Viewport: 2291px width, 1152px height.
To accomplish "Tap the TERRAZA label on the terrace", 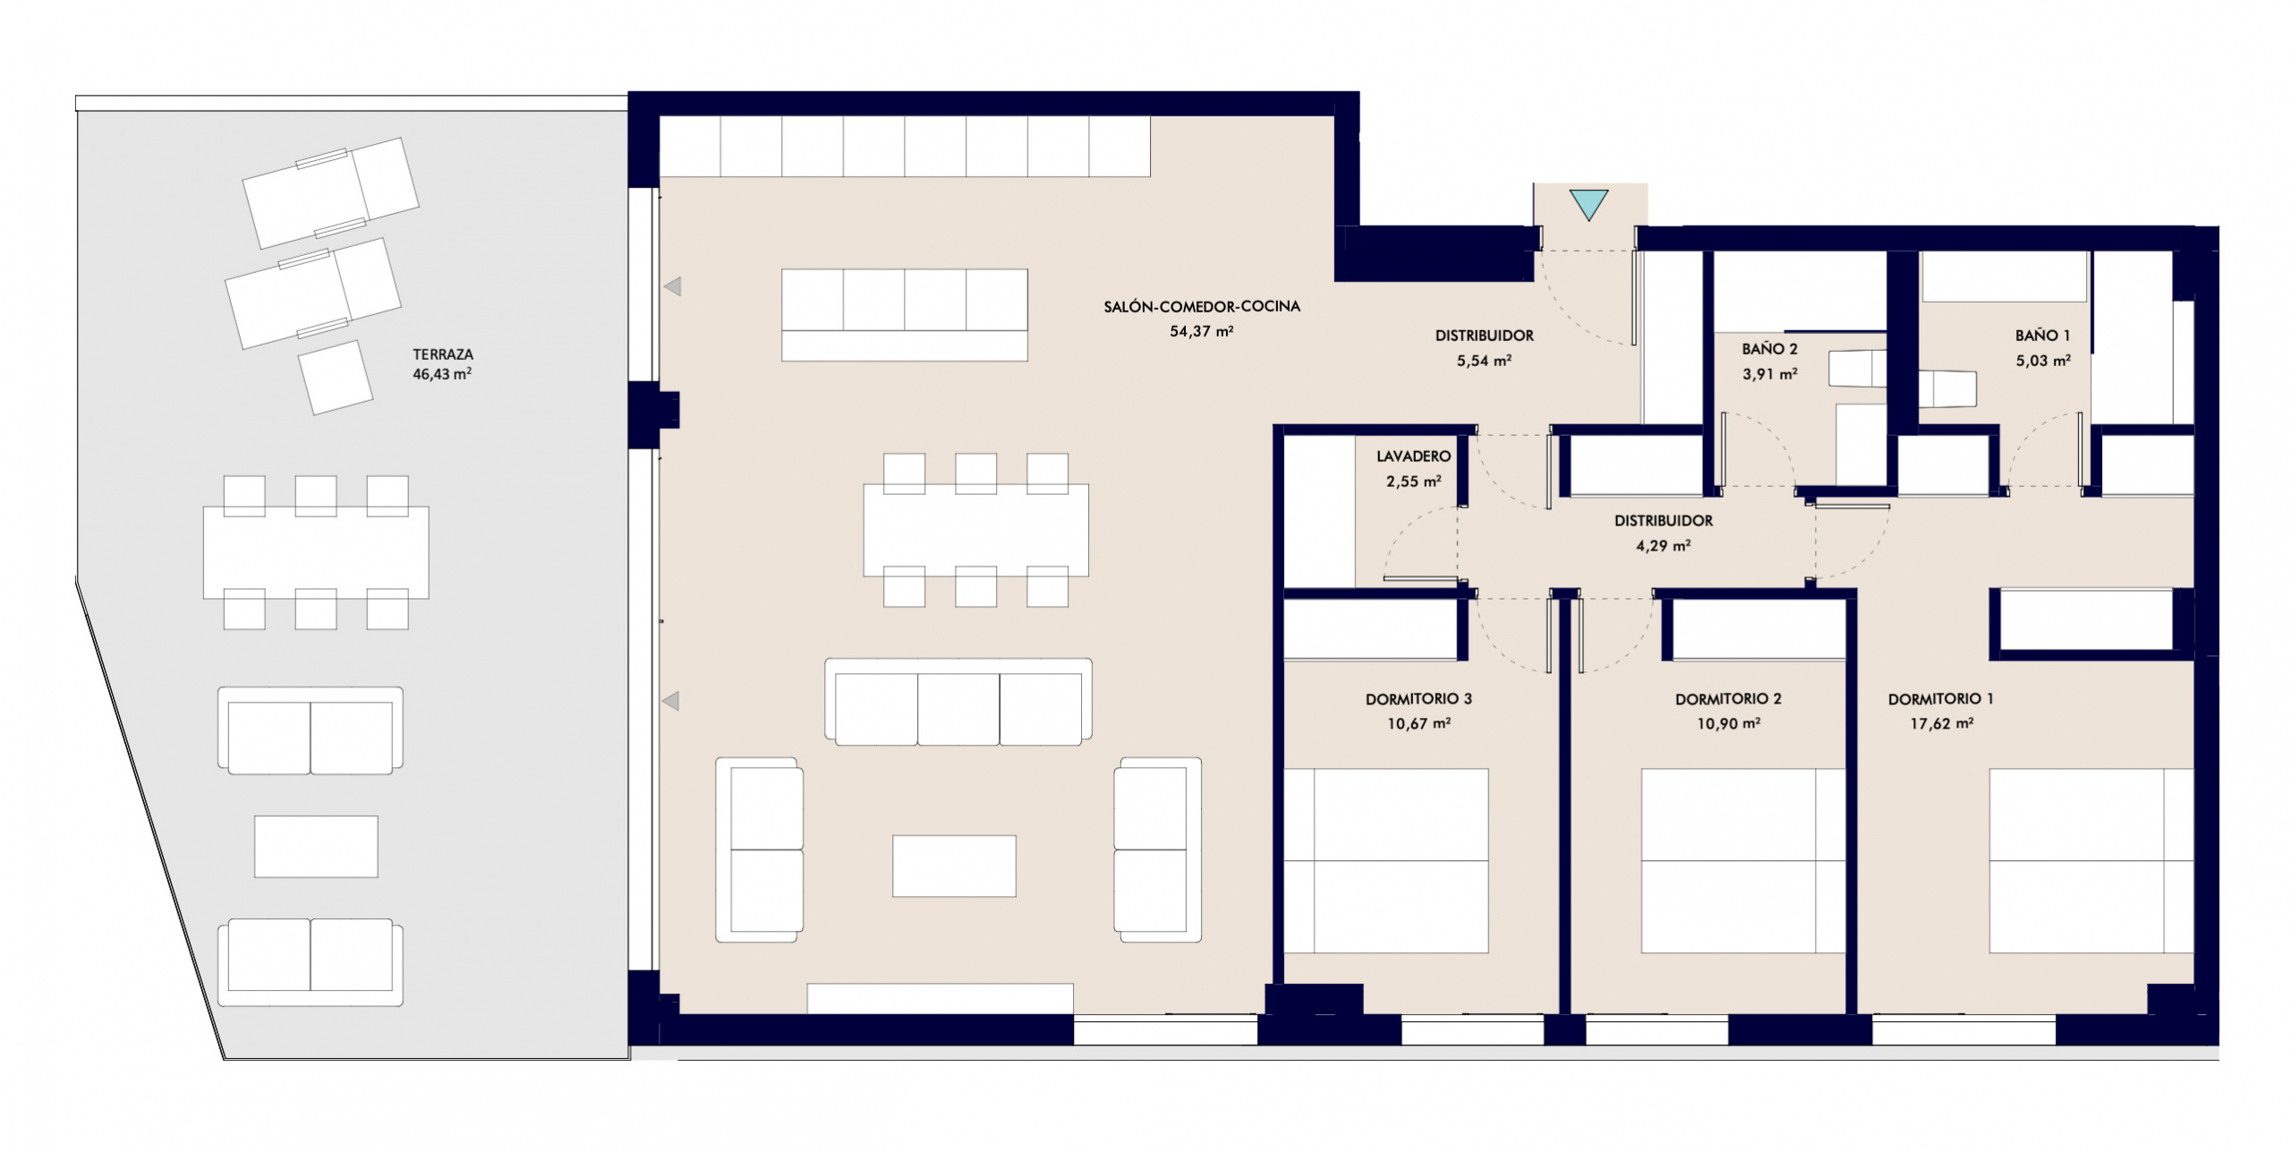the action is coord(443,354).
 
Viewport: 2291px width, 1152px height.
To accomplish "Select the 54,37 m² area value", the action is coord(1202,331).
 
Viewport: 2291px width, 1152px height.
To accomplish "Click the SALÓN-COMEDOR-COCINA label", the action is coord(1202,306).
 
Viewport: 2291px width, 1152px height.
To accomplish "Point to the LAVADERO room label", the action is coord(1414,457).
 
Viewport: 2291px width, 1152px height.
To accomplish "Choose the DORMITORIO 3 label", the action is coord(1418,699).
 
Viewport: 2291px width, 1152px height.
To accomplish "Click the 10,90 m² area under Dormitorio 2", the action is coord(1729,723).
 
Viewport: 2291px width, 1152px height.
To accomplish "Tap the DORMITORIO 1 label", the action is coord(1941,699).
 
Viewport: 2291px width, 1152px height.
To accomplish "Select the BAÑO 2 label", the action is coord(1769,349).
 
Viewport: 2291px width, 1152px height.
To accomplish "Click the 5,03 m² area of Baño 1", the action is coord(2043,361).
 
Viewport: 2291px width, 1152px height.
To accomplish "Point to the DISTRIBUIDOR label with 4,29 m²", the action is coord(1664,521).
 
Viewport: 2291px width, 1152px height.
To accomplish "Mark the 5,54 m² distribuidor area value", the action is coord(1485,361).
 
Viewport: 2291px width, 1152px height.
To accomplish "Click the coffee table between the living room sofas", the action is coord(954,866).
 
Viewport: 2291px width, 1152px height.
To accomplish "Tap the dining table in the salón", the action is coord(975,530).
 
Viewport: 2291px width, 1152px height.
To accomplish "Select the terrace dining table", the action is coord(316,552).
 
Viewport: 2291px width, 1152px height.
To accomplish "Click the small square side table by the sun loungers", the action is coord(336,378).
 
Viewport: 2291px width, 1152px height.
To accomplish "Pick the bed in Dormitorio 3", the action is coord(1386,860).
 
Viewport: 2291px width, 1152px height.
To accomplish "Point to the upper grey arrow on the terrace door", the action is coord(672,286).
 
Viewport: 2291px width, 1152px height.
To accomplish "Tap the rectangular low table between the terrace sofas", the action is coord(316,846).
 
